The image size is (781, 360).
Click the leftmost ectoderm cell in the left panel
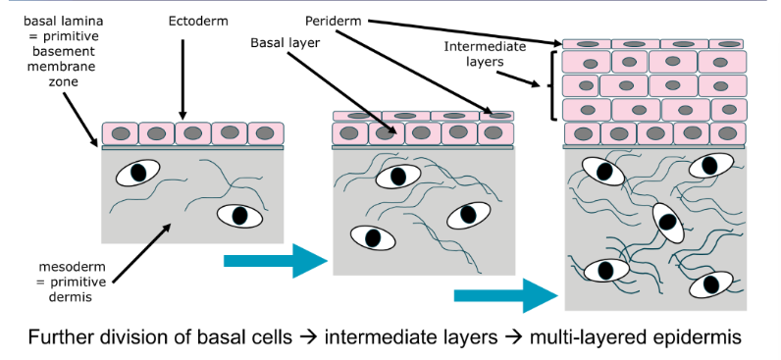[120, 133]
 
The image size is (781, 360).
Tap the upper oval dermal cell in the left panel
[137, 173]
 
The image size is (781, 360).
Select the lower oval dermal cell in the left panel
[238, 215]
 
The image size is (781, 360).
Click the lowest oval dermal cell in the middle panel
[373, 236]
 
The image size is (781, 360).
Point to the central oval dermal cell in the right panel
[667, 224]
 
